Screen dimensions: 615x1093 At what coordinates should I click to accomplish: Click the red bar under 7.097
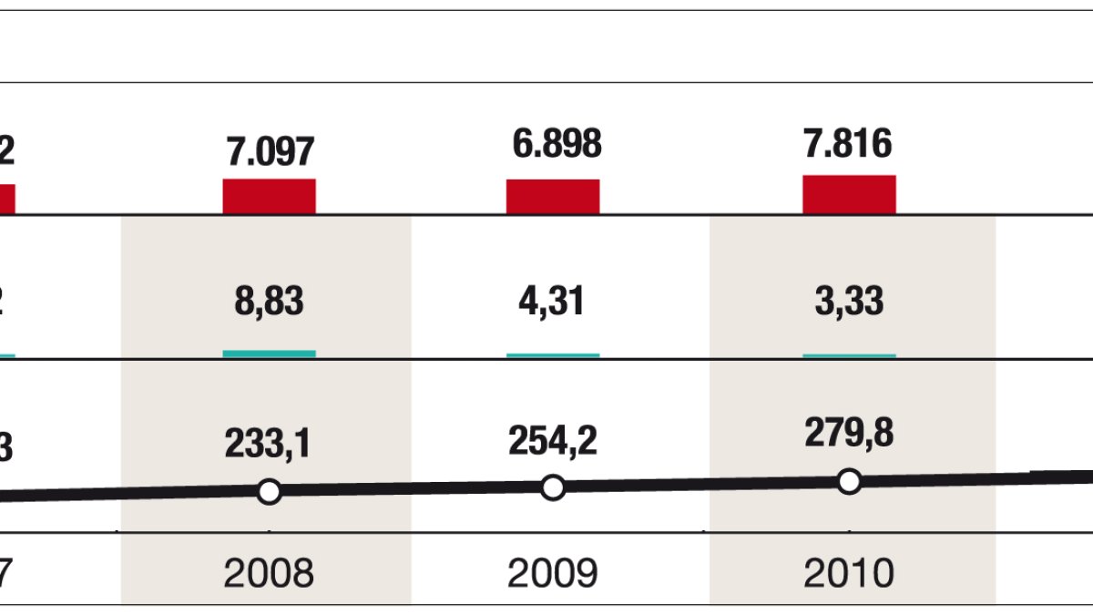[x=270, y=196]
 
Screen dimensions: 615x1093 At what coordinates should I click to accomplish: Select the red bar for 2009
[x=553, y=196]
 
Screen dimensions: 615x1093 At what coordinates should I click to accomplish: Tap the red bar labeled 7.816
[x=849, y=194]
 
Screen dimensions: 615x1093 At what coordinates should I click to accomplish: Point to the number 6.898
[x=554, y=144]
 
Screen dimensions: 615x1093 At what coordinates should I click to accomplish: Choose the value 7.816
[x=849, y=143]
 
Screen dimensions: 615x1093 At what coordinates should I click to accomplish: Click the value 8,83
[x=269, y=302]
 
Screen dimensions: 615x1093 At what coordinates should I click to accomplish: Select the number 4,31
[x=553, y=302]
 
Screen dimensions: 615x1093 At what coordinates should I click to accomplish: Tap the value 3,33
[x=849, y=302]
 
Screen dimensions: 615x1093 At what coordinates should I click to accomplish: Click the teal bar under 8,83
[x=270, y=354]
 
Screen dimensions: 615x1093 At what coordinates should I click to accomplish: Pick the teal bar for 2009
[x=553, y=354]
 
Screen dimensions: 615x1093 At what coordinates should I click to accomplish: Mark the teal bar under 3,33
[x=849, y=355]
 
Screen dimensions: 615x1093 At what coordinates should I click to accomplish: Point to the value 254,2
[x=553, y=441]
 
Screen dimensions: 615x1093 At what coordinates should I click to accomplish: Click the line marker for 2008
[x=269, y=492]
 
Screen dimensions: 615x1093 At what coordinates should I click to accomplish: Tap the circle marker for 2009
[x=553, y=487]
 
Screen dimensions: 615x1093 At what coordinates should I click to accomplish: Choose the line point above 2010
[x=849, y=481]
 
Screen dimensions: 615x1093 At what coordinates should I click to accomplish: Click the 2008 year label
[x=269, y=573]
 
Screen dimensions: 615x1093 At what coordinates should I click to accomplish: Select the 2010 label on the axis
[x=849, y=573]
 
